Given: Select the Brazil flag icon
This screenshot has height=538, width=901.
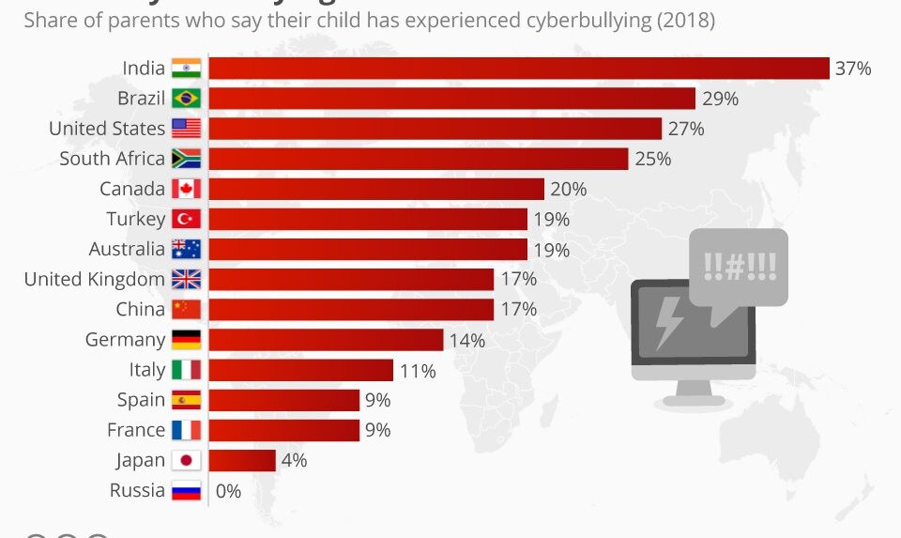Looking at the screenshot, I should pyautogui.click(x=186, y=99).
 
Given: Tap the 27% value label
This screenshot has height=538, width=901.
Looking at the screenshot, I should pyautogui.click(x=686, y=129).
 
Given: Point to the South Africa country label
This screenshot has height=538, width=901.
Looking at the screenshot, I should pyautogui.click(x=112, y=159).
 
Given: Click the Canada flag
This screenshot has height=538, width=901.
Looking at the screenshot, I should pyautogui.click(x=186, y=189).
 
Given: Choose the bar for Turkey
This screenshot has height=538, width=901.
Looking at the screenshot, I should pyautogui.click(x=367, y=219).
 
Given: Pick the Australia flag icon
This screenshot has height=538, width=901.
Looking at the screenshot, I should pyautogui.click(x=186, y=249).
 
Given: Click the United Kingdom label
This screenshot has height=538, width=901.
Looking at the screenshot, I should pyautogui.click(x=94, y=279).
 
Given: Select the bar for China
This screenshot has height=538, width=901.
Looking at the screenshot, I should pyautogui.click(x=350, y=309).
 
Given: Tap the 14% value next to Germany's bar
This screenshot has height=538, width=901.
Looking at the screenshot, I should pyautogui.click(x=467, y=340).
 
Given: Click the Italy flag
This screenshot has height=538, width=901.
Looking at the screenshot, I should pyautogui.click(x=186, y=370).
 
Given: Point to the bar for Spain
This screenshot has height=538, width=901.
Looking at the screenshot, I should pyautogui.click(x=283, y=400).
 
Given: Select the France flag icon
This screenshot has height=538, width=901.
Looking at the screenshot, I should pyautogui.click(x=186, y=430).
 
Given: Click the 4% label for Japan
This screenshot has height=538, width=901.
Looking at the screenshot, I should pyautogui.click(x=294, y=460).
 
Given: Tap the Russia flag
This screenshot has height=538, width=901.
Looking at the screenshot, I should pyautogui.click(x=186, y=490).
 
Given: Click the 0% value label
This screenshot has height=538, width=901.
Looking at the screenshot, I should pyautogui.click(x=229, y=490).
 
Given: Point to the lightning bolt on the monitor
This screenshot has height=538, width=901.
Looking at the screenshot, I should pyautogui.click(x=669, y=321).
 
